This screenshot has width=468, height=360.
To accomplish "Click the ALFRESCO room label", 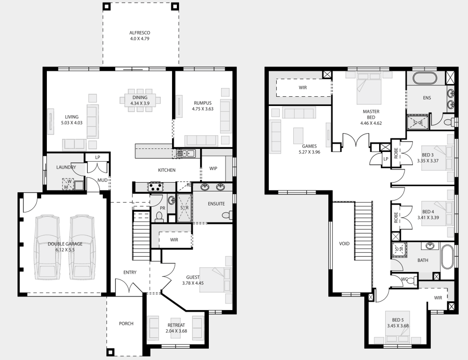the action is point(140,33).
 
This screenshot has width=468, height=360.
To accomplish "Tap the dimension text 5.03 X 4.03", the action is point(72,123).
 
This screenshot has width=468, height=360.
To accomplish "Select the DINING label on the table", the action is point(140,98).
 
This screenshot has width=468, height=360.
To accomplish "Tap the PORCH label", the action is point(126,324).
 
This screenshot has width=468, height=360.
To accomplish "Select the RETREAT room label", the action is point(176,325).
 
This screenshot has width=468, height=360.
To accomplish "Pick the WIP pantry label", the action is point(213,169).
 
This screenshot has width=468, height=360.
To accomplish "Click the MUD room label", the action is point(102,180).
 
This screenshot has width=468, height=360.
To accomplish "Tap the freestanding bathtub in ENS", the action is point(425,78).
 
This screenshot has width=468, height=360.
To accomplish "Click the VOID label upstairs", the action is point(344,244).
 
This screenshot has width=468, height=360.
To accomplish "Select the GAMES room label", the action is point(309,146).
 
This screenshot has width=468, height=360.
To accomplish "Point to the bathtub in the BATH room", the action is point(447,257).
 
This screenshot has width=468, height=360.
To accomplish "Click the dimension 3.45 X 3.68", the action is point(398,326).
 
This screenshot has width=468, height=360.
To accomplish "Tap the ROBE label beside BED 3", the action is point(396,153).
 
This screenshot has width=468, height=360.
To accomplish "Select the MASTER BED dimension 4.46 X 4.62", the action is point(371,123).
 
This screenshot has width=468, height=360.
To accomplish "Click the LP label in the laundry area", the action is point(98,157).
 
